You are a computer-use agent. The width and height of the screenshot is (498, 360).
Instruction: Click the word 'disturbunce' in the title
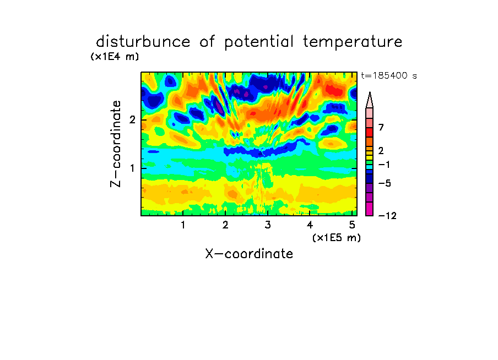point(143,42)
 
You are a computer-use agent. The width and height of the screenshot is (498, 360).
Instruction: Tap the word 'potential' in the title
point(259,42)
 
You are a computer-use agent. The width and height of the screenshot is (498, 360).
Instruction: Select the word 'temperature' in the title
point(353,42)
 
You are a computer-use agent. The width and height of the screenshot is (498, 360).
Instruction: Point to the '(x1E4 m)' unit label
point(115,57)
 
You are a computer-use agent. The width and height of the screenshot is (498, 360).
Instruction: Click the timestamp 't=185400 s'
point(389,75)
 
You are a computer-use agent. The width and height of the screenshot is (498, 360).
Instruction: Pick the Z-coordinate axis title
point(116,144)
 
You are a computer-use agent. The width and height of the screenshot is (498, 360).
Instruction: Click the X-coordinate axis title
point(249,254)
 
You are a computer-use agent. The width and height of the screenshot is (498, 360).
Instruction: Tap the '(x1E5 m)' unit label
point(337,238)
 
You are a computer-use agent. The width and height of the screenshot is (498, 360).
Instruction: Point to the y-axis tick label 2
point(132,120)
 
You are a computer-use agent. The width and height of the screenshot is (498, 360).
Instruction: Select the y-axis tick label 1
point(132,168)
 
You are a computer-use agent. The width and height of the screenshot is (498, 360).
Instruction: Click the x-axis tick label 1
point(183,225)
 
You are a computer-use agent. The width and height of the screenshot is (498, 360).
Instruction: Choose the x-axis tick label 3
point(267,225)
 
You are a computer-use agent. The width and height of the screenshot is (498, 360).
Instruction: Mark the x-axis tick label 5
point(352,225)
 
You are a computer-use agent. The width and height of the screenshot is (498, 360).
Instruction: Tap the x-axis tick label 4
point(310,225)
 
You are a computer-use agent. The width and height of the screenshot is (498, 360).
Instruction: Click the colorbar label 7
point(381,127)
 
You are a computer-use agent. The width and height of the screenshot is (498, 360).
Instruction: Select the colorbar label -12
point(387,216)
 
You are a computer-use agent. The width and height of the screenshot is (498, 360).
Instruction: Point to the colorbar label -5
point(385,183)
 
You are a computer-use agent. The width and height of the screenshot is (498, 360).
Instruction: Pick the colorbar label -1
point(384,165)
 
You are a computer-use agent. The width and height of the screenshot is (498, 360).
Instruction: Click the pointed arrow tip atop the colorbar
point(370,92)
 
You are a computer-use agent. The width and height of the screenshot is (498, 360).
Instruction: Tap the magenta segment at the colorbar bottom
point(370,209)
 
